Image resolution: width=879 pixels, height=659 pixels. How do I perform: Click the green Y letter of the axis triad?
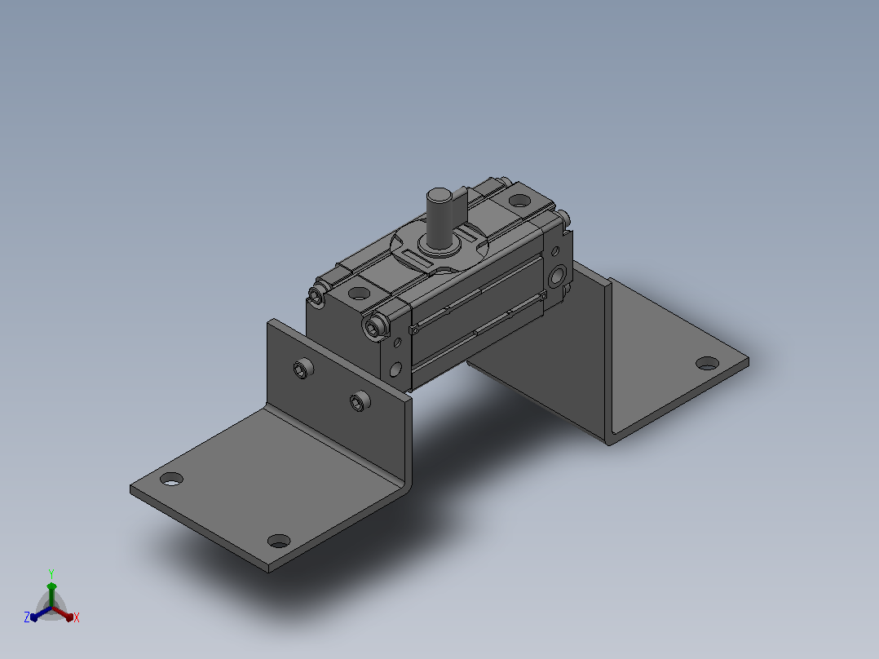coord(51,573)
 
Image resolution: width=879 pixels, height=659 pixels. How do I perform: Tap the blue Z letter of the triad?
coord(27,617)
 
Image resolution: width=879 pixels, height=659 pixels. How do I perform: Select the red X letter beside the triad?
coord(77,617)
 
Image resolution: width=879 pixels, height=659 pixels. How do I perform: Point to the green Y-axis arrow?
coord(51,595)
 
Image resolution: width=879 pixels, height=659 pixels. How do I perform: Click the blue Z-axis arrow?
coord(41,613)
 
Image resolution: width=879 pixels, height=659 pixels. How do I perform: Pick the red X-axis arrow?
coord(62,613)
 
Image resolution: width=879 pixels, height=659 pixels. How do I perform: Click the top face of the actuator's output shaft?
coord(439,195)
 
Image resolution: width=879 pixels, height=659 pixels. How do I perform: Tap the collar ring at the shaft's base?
coord(439,245)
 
